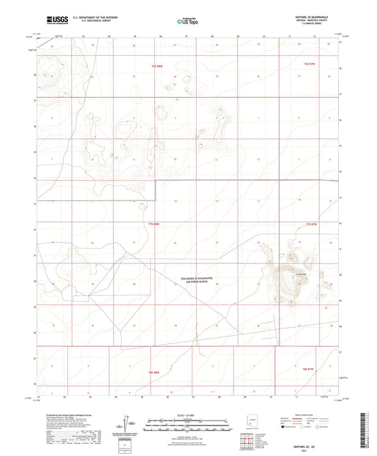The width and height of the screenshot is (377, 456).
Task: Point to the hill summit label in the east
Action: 299,275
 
